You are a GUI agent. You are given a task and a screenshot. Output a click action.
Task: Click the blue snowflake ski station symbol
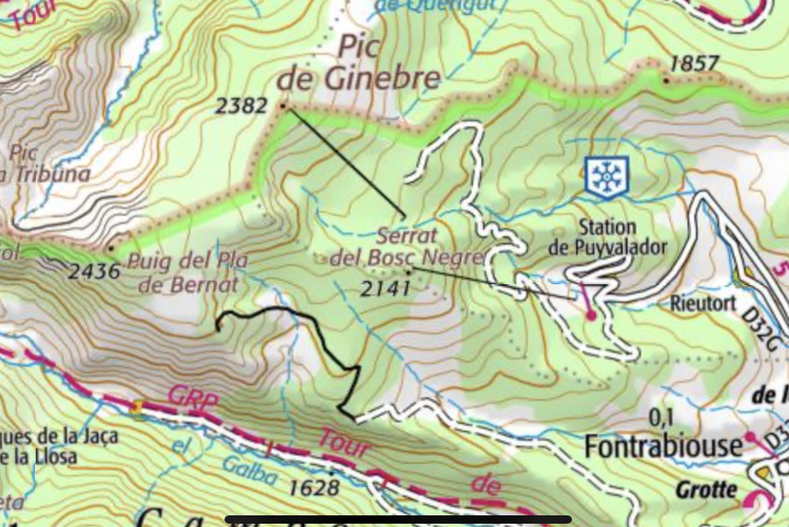tap(608, 175)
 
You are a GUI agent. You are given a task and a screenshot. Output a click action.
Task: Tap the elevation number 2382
tap(241, 106)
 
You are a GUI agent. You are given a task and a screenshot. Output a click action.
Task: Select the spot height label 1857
tap(693, 64)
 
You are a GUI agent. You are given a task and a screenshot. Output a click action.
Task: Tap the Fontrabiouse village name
tap(663, 446)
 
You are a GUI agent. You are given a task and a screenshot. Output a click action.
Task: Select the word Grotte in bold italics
tap(706, 490)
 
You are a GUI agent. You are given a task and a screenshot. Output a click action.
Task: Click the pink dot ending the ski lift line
tap(591, 315)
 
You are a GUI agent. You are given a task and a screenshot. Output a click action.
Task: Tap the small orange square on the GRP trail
tap(135, 406)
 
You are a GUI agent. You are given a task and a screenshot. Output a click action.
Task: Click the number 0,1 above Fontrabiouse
tap(660, 416)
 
